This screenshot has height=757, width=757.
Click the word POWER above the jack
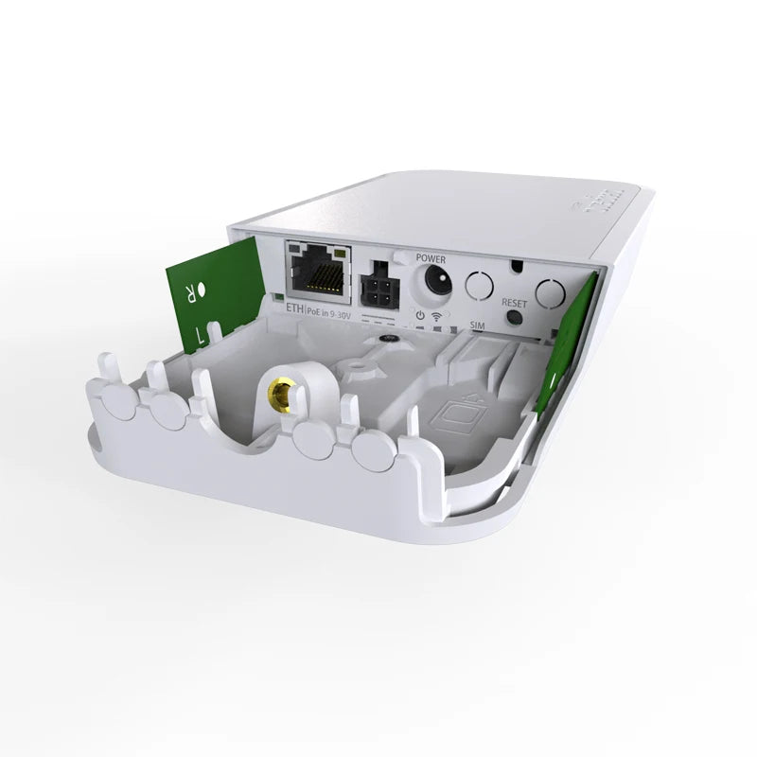tap(431, 255)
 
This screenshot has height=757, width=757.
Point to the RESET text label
tap(514, 303)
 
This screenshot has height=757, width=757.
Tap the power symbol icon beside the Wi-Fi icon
tap(420, 314)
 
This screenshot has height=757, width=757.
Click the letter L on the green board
tap(199, 333)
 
